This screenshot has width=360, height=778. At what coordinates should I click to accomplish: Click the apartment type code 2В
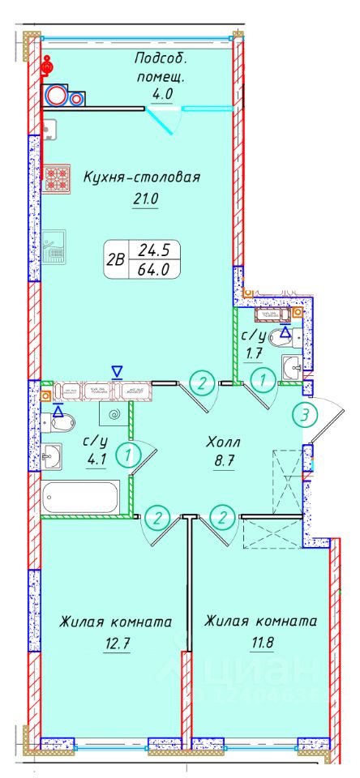[116, 260]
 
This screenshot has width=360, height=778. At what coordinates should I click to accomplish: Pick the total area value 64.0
[152, 271]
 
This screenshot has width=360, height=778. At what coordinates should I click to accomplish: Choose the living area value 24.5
[152, 250]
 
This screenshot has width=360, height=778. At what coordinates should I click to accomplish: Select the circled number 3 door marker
[304, 415]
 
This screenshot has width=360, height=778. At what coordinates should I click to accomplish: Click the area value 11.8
[259, 646]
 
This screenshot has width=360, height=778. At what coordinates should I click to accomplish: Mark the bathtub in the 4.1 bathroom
[79, 494]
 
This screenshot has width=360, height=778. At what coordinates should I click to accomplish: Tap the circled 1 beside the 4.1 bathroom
[126, 455]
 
